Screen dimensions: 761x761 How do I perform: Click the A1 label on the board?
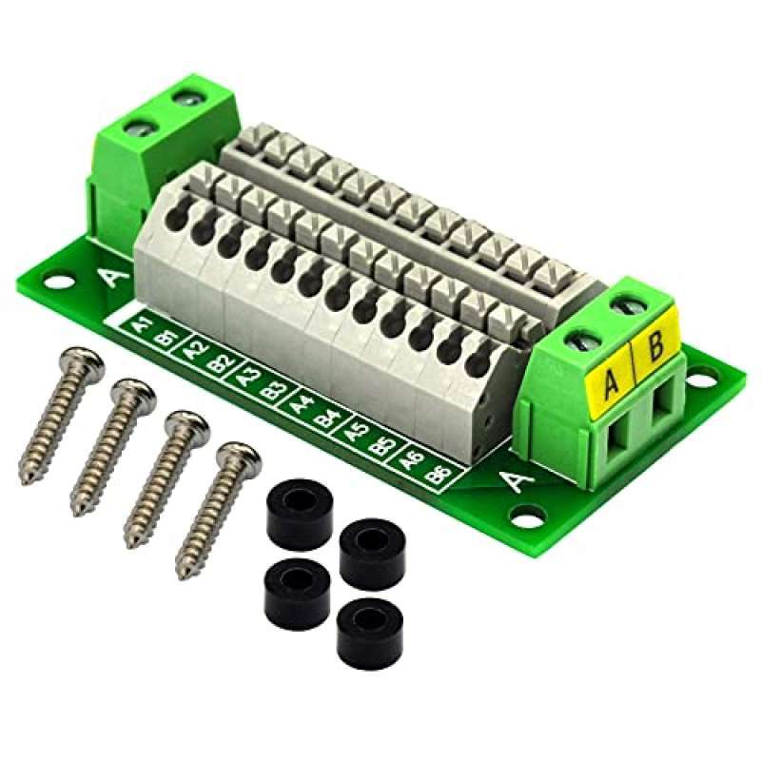142,325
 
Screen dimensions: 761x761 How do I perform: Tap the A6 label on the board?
412,459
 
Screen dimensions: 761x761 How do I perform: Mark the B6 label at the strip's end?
439,472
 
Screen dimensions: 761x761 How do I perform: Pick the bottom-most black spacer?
362,625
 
